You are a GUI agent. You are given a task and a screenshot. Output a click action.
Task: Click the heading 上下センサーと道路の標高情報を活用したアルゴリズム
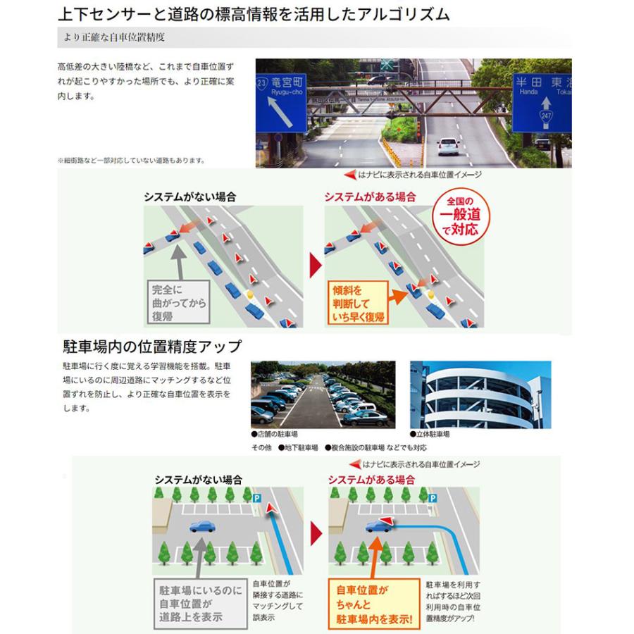click(254, 14)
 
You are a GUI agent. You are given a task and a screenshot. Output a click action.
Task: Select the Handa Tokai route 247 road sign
click(541, 102)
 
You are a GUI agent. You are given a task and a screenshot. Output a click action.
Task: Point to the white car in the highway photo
click(447, 146)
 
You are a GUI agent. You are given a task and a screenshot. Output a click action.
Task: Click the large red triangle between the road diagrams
click(315, 266)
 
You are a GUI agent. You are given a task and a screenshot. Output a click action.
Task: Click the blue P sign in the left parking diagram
click(256, 498)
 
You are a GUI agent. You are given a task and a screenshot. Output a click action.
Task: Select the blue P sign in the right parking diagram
click(430, 498)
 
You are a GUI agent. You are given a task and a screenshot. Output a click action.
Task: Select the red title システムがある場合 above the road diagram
click(370, 197)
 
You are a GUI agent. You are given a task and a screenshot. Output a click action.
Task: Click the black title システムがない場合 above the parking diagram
click(198, 479)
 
